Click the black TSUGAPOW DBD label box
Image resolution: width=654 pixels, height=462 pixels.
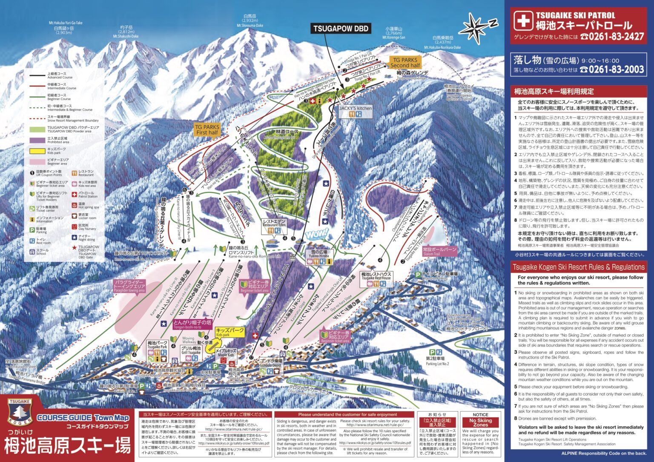[341, 29]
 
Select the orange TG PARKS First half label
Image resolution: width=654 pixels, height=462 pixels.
[207, 129]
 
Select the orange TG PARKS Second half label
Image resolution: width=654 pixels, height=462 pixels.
[405, 63]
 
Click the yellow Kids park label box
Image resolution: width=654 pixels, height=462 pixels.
[230, 332]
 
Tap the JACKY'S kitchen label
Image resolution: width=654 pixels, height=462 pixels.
[356, 108]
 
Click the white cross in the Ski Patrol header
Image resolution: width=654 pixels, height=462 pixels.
[522, 20]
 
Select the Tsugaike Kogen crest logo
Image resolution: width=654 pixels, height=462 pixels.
[20, 412]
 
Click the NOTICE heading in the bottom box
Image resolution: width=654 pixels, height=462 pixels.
[480, 414]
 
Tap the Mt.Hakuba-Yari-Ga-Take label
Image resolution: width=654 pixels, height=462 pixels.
[66, 23]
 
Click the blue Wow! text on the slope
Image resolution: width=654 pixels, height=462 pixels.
[317, 234]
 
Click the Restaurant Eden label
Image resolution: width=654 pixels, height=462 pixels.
[274, 223]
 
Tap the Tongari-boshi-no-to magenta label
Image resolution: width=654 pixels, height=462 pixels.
[192, 324]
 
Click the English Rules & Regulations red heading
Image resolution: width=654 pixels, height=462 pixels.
[578, 267]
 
